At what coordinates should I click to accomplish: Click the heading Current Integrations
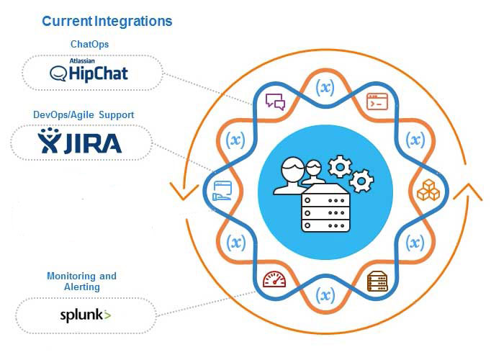click(x=107, y=21)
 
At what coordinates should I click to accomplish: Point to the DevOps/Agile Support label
click(x=84, y=114)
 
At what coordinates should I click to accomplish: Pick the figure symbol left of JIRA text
click(x=49, y=141)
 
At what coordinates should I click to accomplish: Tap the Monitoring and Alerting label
click(x=81, y=282)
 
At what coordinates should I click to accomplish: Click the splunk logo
click(x=85, y=315)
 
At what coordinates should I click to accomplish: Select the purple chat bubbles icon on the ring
click(x=275, y=102)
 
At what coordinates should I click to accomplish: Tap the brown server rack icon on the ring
click(x=377, y=279)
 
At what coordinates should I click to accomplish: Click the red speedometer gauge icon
click(x=275, y=279)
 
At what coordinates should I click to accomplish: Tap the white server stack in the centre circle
click(x=324, y=210)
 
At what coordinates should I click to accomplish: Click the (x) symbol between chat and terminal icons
click(x=325, y=88)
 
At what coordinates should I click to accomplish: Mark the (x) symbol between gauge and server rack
click(x=325, y=295)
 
